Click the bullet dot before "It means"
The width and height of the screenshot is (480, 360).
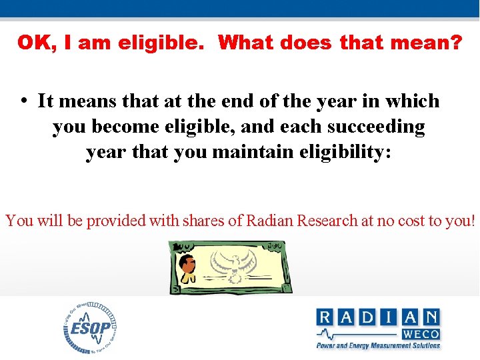[x=23, y=101]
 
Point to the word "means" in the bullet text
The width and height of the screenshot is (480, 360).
[x=85, y=101]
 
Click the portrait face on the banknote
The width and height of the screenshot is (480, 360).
[x=189, y=265]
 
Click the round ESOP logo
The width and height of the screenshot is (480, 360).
[x=91, y=327]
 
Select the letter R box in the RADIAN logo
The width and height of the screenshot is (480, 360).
[x=327, y=317]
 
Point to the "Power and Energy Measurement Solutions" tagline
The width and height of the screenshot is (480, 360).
[x=378, y=345]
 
